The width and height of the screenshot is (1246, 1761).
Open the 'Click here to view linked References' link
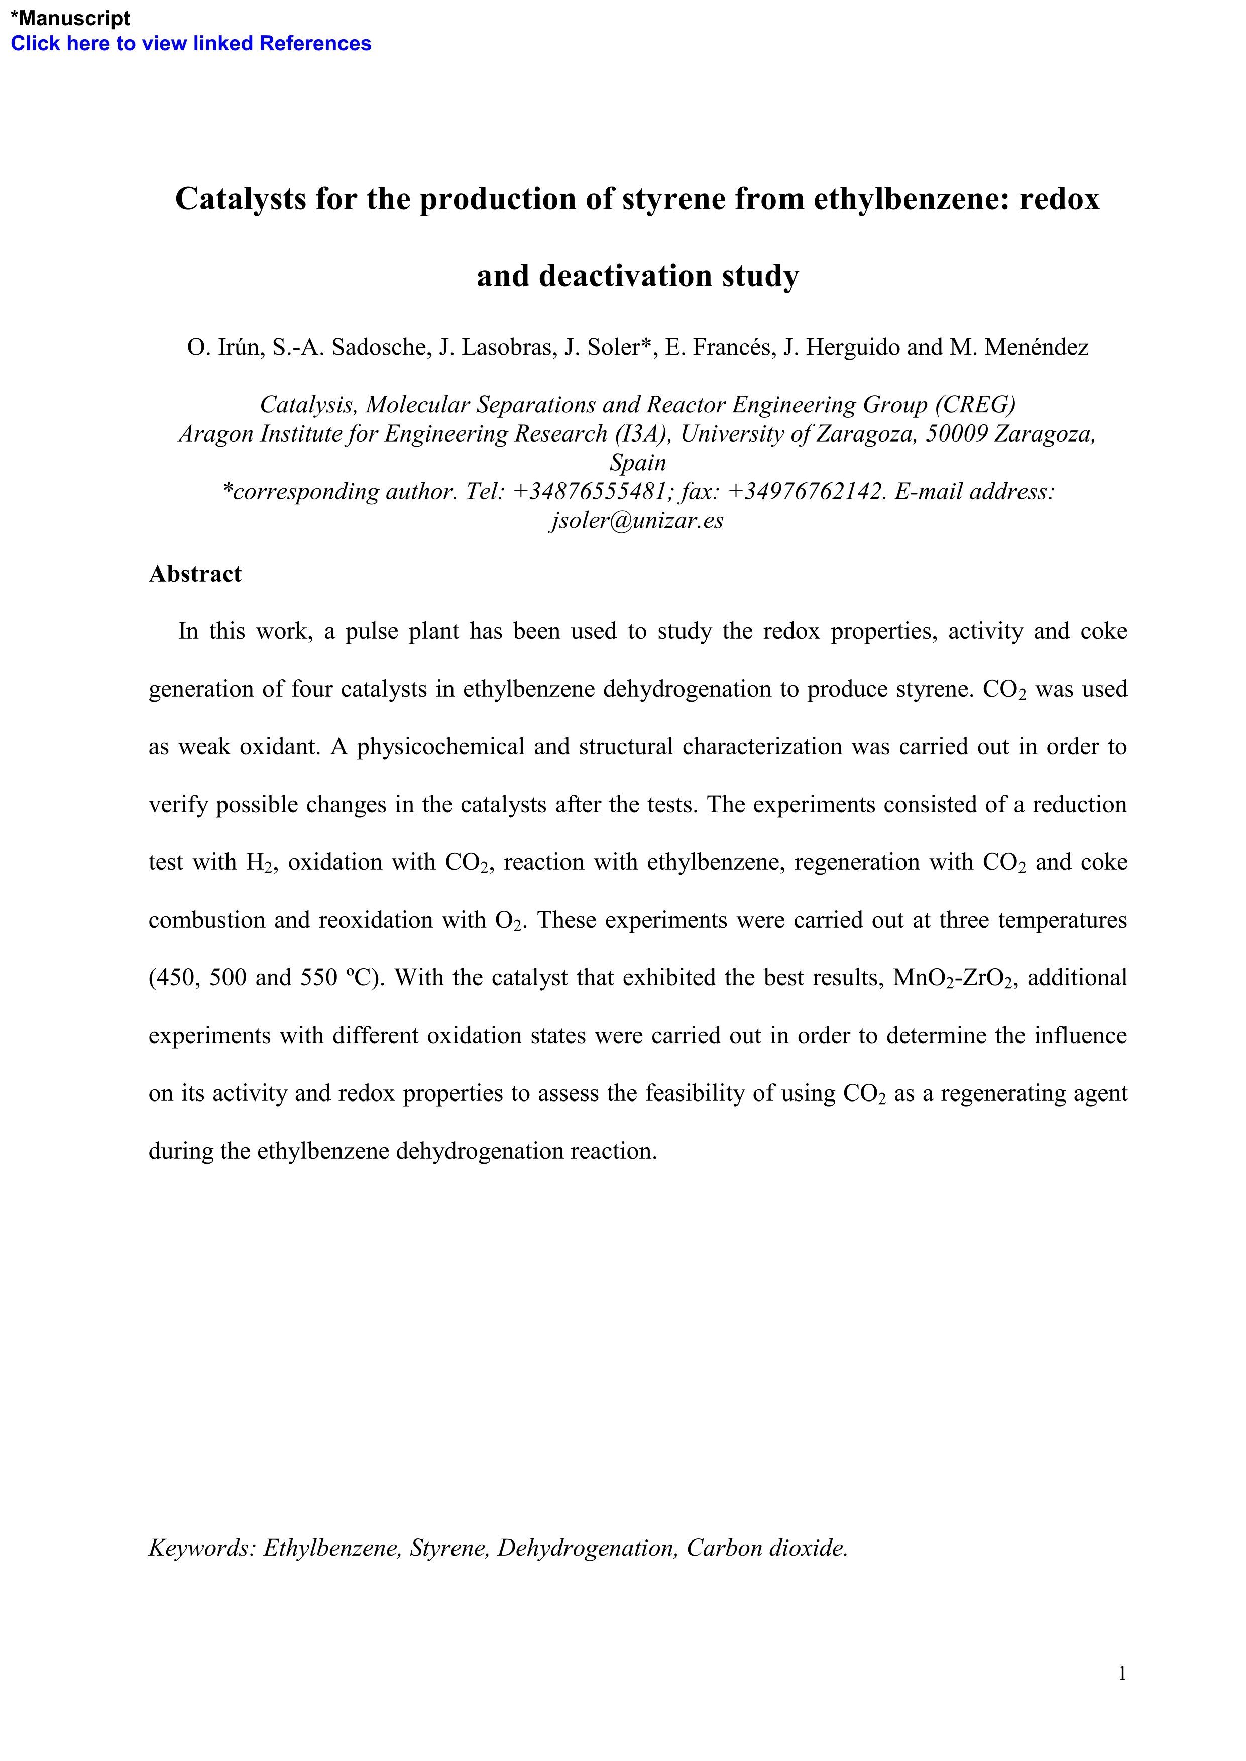tap(190, 44)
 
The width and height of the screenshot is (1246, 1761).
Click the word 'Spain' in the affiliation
tap(638, 463)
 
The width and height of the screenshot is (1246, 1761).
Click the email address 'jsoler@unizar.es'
tap(637, 520)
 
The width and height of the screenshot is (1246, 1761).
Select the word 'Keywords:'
tap(202, 1548)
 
